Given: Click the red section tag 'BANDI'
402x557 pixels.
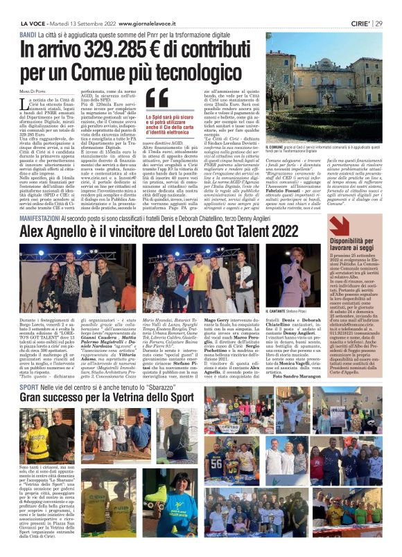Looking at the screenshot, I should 28,34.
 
